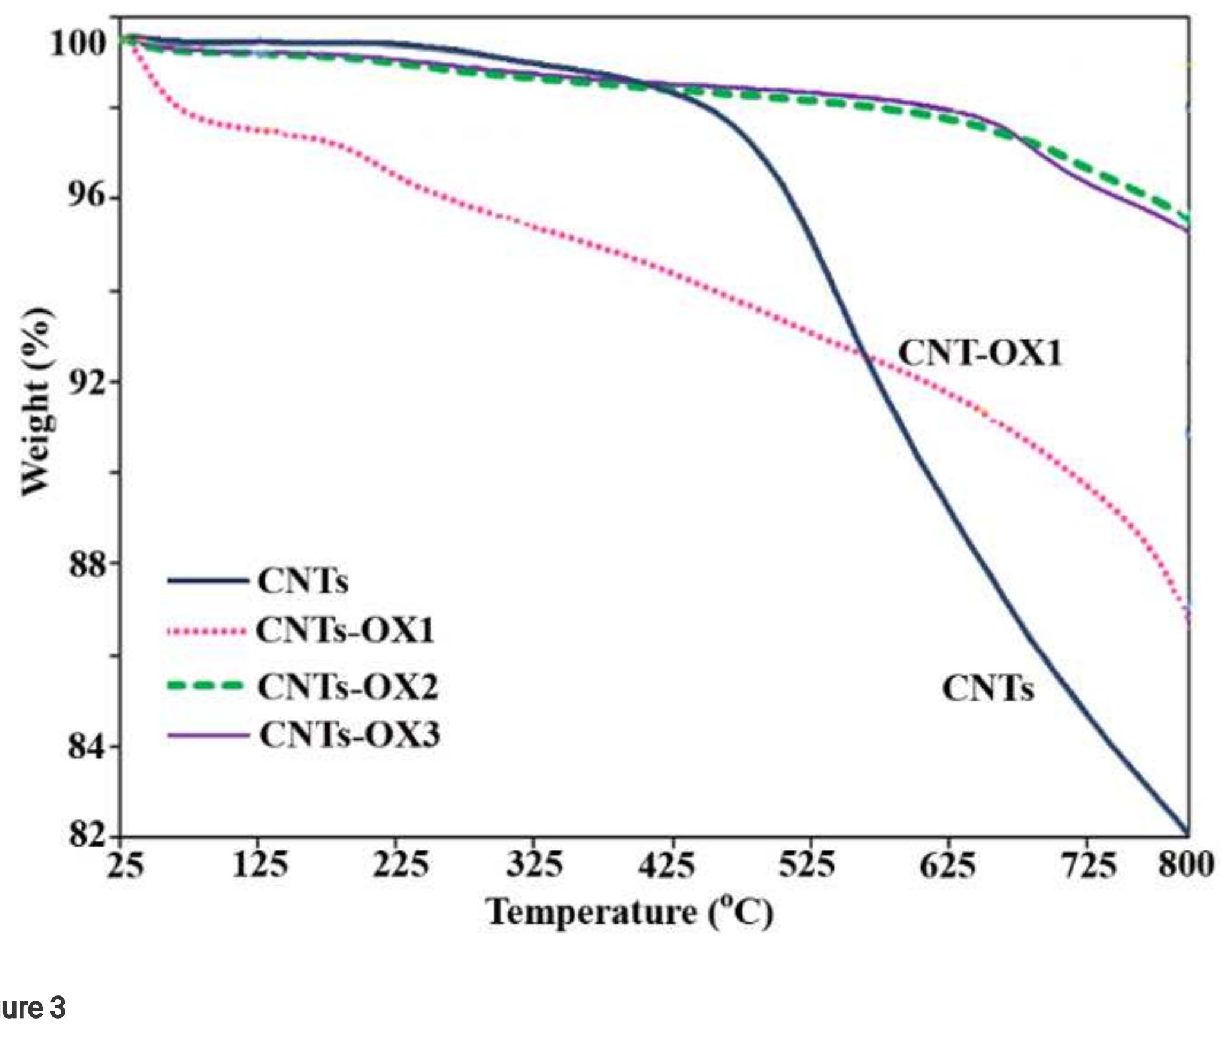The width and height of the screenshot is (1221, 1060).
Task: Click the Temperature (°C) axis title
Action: pos(629,912)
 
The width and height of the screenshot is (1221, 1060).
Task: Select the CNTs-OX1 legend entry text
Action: pos(345,630)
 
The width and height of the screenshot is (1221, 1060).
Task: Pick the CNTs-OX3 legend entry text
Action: pos(349,736)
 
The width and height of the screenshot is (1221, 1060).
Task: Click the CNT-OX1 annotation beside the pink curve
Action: pos(980,353)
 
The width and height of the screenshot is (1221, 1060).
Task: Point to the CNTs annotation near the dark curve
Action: pos(988,689)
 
